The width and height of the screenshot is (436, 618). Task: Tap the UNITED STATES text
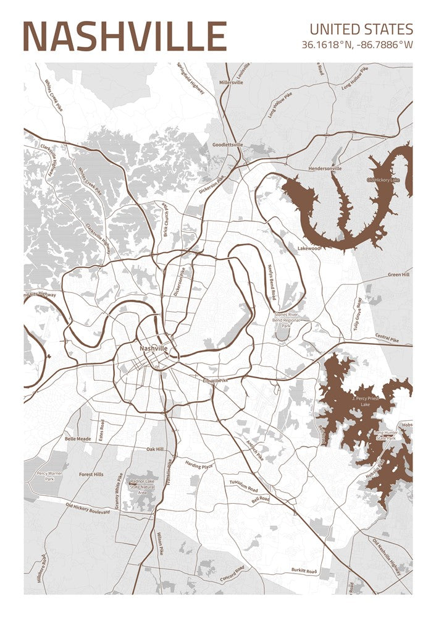(x=361, y=29)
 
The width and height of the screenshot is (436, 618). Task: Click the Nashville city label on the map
(x=153, y=349)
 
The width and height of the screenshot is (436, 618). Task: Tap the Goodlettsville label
(x=227, y=145)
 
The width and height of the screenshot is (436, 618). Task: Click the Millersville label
(x=231, y=82)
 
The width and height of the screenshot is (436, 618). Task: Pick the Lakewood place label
(x=309, y=248)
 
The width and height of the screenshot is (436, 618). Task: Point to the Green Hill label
(x=398, y=274)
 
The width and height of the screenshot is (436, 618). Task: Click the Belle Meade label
(x=78, y=439)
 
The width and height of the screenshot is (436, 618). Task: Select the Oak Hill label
(x=155, y=449)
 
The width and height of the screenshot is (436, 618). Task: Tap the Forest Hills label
(x=91, y=475)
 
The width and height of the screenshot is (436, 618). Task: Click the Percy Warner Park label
(x=49, y=476)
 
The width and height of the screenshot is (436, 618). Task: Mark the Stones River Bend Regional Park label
(x=286, y=320)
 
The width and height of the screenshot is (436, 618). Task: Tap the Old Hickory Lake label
(x=383, y=180)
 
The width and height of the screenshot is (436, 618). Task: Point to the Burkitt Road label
(x=304, y=572)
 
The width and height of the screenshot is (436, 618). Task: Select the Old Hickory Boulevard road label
(x=91, y=508)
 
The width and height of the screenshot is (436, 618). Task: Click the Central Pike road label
(x=387, y=338)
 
